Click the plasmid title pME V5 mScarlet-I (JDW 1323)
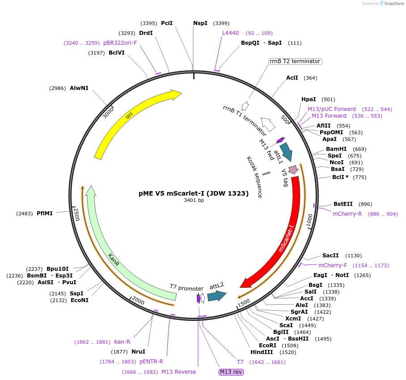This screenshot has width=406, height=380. pos(193,193)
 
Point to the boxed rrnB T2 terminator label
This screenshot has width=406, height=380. pos(295,61)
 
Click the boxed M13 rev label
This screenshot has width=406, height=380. pos(231,372)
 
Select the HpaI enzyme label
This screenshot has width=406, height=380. pos(309,99)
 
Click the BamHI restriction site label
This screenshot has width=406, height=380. pos(336,149)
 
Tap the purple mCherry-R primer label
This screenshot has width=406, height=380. pos(347,214)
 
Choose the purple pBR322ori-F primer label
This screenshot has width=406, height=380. pos(120,43)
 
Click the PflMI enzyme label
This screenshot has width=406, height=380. pos(45,213)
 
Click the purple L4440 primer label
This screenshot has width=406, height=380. pos(231,33)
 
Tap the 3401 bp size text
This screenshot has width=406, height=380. pos(194,201)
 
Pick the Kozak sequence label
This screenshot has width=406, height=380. pos(254,177)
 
